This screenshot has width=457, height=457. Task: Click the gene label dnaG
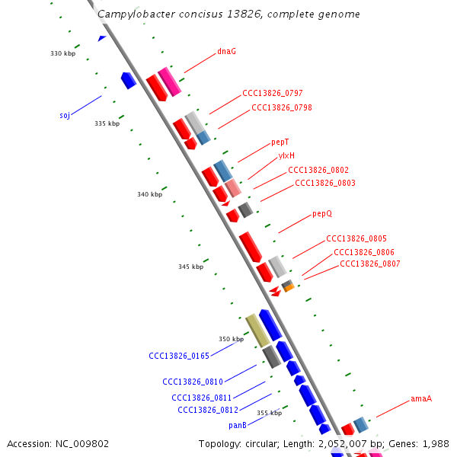(226, 52)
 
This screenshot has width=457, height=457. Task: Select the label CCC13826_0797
(272, 94)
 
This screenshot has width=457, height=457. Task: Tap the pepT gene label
(280, 142)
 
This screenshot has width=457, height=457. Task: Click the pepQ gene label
(322, 214)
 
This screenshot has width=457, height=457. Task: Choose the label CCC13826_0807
(369, 264)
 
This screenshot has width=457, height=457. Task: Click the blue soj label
(65, 116)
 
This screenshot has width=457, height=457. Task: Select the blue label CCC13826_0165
(178, 356)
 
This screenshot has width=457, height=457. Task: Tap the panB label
(237, 425)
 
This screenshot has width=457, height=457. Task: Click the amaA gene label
(421, 398)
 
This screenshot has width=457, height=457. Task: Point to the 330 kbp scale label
(63, 53)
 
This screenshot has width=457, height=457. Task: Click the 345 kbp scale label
(191, 267)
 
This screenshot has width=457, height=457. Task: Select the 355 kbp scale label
(269, 413)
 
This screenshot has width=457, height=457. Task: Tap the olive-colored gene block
(257, 331)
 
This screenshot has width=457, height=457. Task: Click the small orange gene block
(289, 288)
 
